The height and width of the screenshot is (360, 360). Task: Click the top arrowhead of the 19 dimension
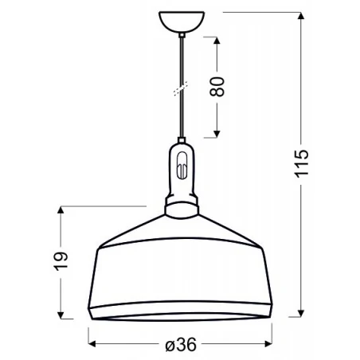pos(60,210)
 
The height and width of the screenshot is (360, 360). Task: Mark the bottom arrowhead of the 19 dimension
pos(60,311)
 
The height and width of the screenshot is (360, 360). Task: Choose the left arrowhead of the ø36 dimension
pos(90,344)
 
